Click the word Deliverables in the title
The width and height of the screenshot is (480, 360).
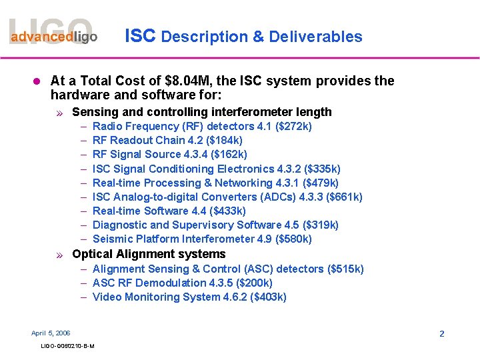tap(315, 37)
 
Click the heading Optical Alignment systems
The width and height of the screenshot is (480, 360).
tap(149, 254)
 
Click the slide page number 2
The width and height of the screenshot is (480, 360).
tap(441, 333)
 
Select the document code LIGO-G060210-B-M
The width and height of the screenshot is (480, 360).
tap(67, 346)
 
